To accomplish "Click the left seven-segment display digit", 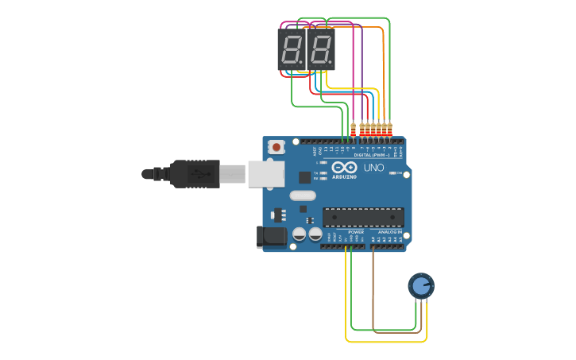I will (291, 49).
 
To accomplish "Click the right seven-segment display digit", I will (320, 49).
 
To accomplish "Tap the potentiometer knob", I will (421, 285).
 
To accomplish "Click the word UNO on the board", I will (373, 168).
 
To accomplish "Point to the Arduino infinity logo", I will (345, 168).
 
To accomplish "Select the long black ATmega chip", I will (363, 216).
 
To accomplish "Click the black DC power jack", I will (272, 236).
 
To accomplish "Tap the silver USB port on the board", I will (265, 173).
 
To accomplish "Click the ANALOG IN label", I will (389, 231).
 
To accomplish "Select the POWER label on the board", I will (356, 231).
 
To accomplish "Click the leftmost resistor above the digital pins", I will (353, 127).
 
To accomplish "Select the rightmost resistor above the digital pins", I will (389, 127).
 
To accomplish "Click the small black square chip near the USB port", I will (304, 177).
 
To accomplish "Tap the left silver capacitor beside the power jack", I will (300, 234).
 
